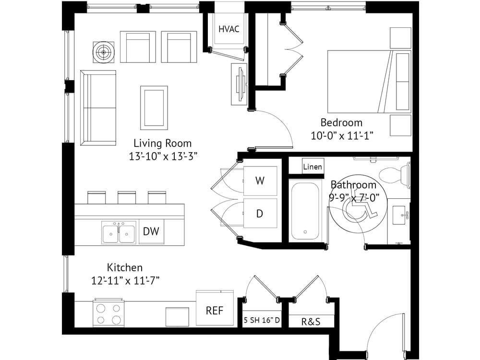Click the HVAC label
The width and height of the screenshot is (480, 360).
click(228, 29)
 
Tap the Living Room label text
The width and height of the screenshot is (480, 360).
click(163, 143)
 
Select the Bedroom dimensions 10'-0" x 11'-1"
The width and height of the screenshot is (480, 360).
click(342, 136)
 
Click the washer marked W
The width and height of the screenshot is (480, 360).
click(260, 180)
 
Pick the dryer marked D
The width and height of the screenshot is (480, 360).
click(260, 213)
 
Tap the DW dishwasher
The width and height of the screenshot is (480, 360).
click(151, 231)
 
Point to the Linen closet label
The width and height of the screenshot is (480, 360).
click(312, 167)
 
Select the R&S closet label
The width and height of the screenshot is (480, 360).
click(311, 322)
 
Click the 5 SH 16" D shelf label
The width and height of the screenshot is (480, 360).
click(262, 320)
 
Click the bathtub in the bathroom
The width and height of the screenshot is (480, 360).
click(305, 211)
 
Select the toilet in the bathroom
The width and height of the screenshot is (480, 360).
click(395, 175)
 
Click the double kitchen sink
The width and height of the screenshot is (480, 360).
click(119, 233)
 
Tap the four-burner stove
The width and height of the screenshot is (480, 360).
click(108, 313)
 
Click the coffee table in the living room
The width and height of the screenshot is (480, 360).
click(154, 108)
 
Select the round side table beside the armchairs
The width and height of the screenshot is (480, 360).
click(104, 52)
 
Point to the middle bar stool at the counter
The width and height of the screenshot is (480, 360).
click(127, 198)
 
